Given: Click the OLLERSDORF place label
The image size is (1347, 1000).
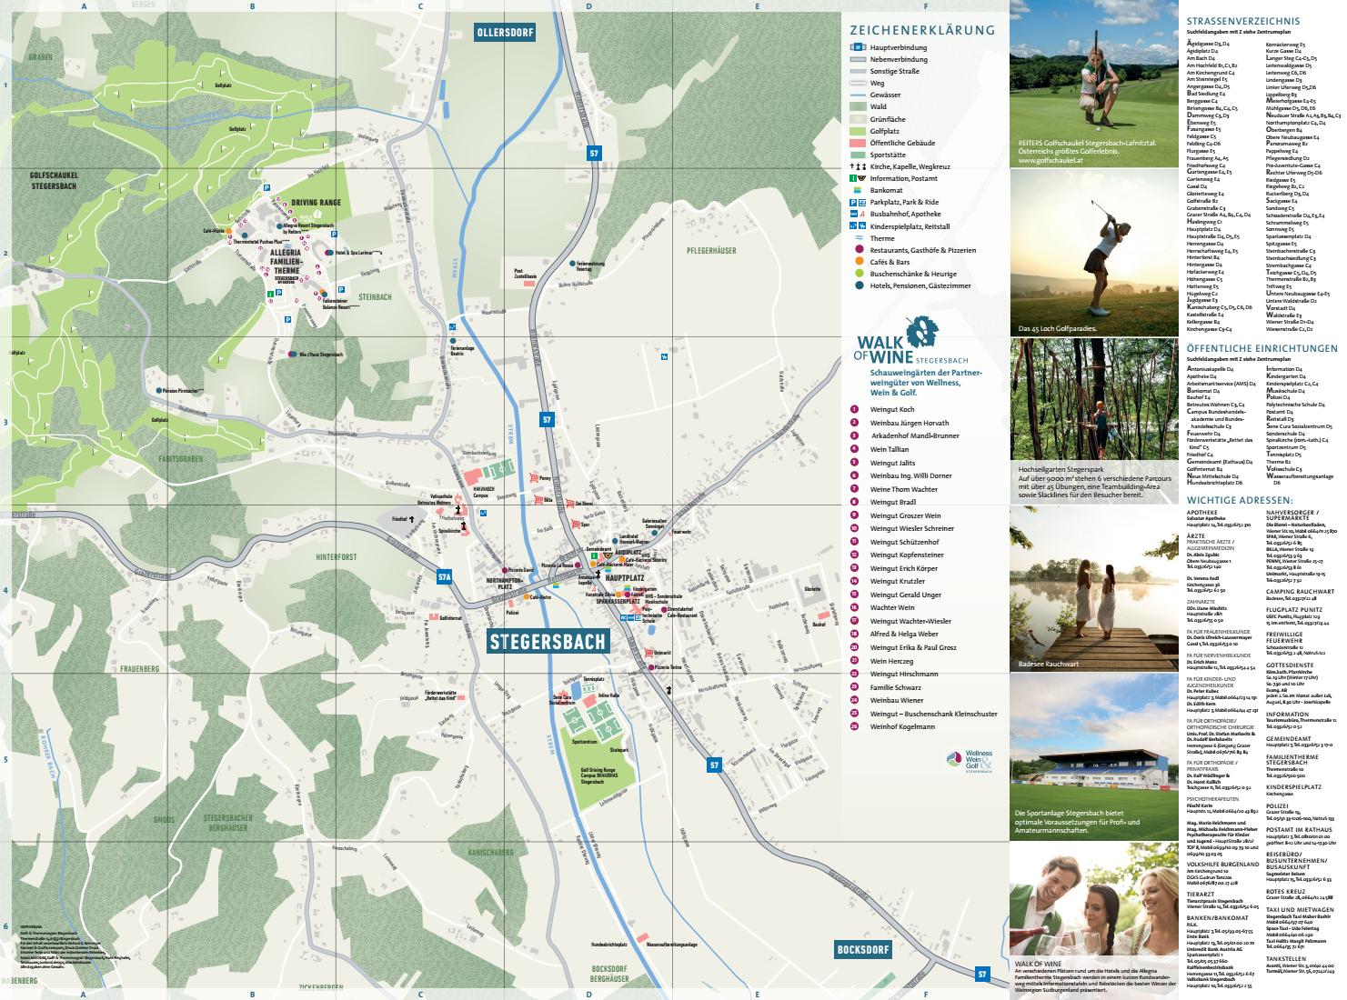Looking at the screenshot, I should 504,34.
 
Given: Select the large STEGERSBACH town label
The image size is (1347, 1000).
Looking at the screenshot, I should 548,641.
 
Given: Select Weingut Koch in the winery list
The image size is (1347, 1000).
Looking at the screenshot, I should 891,410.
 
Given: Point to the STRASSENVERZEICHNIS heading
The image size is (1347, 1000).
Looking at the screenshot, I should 1243,21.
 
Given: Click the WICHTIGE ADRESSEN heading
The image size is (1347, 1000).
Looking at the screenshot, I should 1240,500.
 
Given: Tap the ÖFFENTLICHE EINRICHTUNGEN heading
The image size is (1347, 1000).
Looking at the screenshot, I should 1262,347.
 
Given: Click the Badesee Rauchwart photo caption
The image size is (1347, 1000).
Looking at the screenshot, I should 1049,664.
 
